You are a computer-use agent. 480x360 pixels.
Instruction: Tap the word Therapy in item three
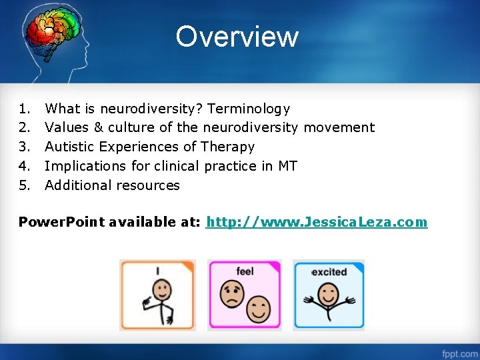(x=227, y=147)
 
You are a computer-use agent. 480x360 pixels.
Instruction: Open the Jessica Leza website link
(x=317, y=222)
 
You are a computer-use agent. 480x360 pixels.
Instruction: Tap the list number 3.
(x=25, y=147)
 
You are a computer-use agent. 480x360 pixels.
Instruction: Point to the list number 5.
(x=25, y=185)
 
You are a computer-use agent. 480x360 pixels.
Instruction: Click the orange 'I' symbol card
(x=157, y=295)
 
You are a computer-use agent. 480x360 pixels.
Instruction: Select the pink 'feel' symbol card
(x=245, y=295)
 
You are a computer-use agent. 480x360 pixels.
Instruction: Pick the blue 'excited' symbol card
(x=329, y=295)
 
